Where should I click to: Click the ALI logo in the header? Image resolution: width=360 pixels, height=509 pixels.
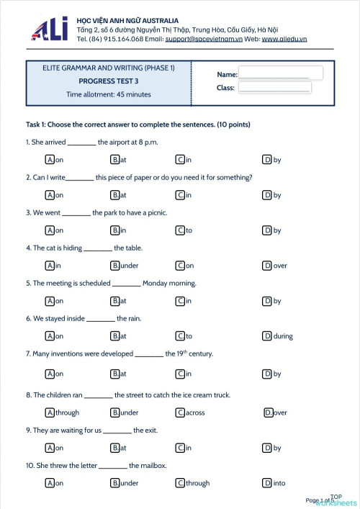50,29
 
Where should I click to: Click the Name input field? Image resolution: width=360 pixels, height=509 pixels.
280,73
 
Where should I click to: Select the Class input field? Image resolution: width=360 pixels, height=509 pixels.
274,88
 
